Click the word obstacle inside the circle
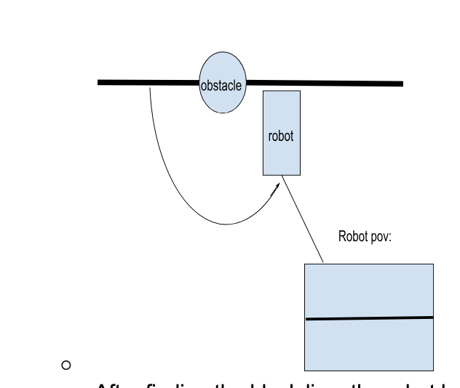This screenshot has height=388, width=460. click(x=221, y=86)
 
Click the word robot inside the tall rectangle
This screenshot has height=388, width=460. click(x=281, y=136)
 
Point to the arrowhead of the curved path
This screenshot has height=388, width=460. click(x=277, y=187)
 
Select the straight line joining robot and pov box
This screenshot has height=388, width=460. click(x=303, y=219)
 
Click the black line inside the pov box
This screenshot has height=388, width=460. click(x=369, y=318)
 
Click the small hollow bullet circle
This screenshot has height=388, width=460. click(x=66, y=364)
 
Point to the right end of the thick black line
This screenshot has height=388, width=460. click(x=400, y=84)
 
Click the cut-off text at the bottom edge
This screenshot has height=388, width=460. click(x=269, y=384)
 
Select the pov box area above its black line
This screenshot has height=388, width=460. click(x=369, y=290)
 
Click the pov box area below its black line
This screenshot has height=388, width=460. click(x=369, y=345)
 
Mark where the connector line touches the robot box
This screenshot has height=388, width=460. click(x=282, y=176)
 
